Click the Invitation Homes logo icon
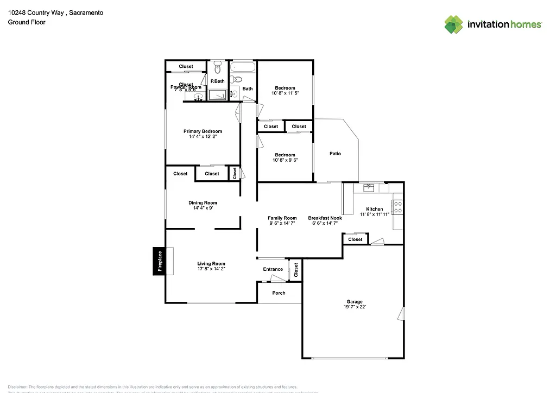454,24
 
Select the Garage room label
355,302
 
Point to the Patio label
336,154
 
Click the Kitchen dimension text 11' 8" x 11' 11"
375,214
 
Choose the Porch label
279,293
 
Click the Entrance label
273,269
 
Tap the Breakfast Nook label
325,218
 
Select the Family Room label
282,218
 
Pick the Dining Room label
203,203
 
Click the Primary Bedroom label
203,131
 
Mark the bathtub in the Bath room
243,68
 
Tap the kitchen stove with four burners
397,207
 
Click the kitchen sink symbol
369,188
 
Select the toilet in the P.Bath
217,68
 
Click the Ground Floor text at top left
26,22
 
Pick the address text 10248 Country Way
41,11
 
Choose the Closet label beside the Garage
355,239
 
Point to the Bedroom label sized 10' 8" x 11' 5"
285,88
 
